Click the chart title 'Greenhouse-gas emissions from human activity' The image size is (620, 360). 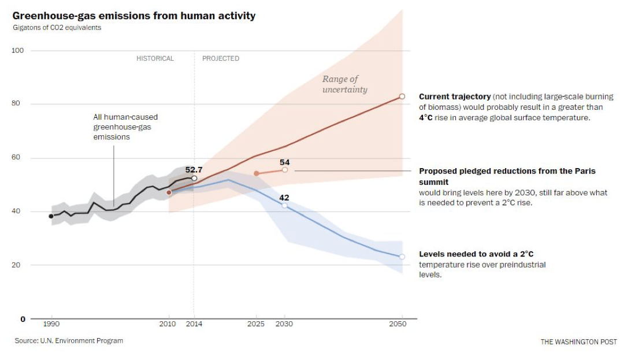pos(133,16)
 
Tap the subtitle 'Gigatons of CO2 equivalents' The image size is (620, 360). pos(57,28)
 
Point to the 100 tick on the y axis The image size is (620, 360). pos(18,51)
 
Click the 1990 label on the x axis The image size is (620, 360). pos(51,324)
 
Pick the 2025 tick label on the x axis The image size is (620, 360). pos(256,324)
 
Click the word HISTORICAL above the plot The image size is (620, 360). pos(155,58)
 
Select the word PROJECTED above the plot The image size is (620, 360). pos(221,58)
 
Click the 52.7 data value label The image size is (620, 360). pos(194,170)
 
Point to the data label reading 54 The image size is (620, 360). pos(284,162)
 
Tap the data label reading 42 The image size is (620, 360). pos(284,198)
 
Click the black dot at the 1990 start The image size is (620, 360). pos(51,216)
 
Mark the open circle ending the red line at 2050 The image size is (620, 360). pos(402,97)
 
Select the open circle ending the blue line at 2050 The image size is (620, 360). pos(402,257)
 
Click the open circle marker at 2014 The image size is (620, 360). pos(194,179)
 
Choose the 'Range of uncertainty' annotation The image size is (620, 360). pos(344,84)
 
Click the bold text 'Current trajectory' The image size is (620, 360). pos(455,97)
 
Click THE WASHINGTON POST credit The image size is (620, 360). pos(578,342)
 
